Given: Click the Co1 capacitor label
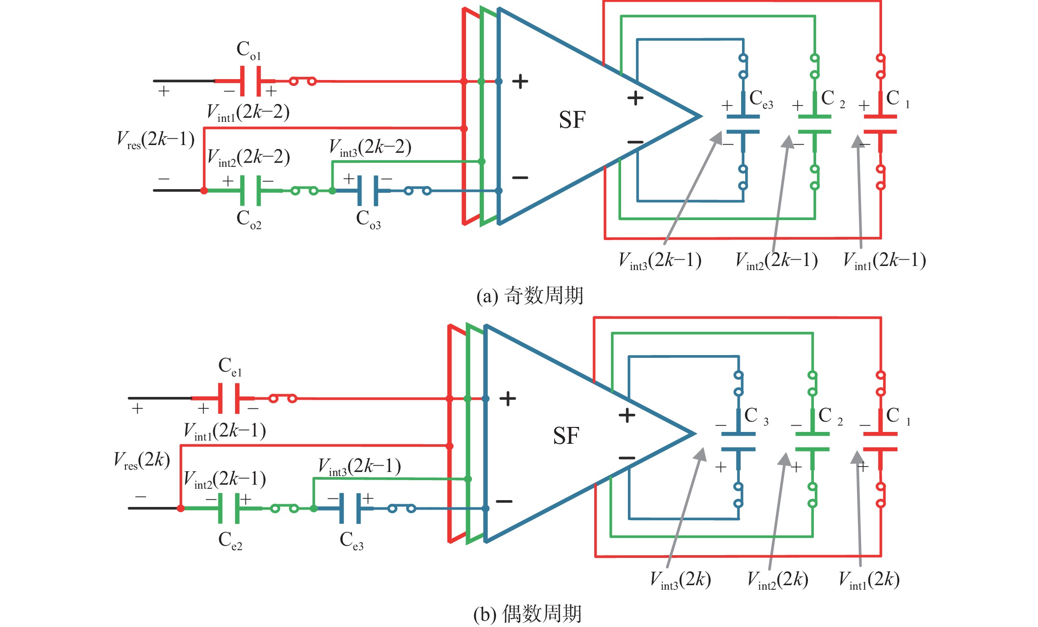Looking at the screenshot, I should point(249,50).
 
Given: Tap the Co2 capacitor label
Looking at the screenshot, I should point(249,219).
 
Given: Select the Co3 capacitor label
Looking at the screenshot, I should point(368,219).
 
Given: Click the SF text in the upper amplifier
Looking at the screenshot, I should point(572,120).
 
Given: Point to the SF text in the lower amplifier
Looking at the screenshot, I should point(566,436).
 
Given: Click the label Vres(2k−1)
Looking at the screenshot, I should point(155,140).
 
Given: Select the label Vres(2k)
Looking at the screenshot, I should point(142,460).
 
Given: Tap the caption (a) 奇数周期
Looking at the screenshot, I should point(530,296).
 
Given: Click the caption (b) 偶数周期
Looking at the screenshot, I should point(527,614).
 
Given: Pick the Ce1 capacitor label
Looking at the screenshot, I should point(230,366).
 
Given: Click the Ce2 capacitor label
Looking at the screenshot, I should point(230,540).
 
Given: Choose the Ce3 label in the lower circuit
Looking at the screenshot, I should point(351,540).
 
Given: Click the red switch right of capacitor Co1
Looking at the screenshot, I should point(303,81).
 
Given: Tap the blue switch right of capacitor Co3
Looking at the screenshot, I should point(417,191).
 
